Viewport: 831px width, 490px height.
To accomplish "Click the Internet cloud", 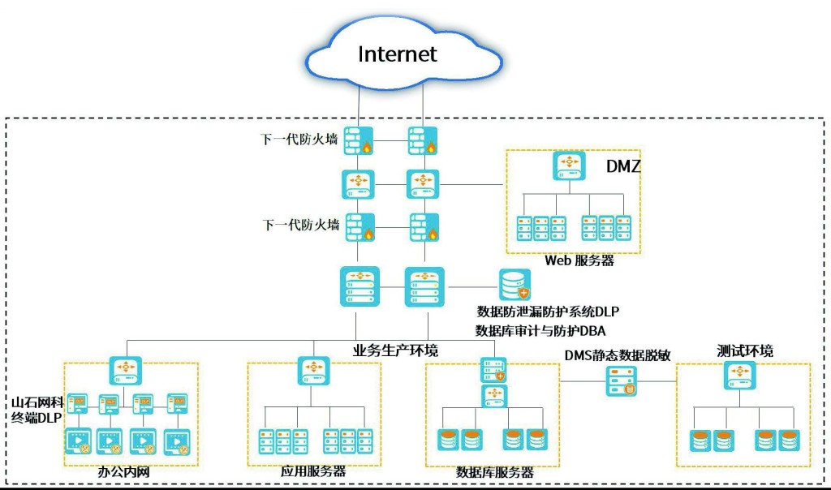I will tap(397, 54).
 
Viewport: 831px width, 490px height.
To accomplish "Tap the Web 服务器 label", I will tap(579, 260).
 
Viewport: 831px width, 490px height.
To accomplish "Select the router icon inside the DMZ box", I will tap(569, 165).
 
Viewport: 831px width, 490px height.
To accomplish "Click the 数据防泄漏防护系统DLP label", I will tap(548, 311).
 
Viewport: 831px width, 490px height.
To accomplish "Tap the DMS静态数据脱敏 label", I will tap(618, 355).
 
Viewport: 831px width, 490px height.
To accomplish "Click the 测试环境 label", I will tap(745, 350).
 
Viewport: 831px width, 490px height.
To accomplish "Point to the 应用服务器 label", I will tap(312, 471).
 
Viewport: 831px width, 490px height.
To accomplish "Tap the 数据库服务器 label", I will tap(494, 471).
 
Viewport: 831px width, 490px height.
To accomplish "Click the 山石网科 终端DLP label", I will tap(35, 410).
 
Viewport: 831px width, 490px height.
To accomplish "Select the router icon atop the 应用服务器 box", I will tap(313, 369).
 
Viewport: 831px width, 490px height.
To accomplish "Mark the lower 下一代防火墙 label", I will tap(301, 225).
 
